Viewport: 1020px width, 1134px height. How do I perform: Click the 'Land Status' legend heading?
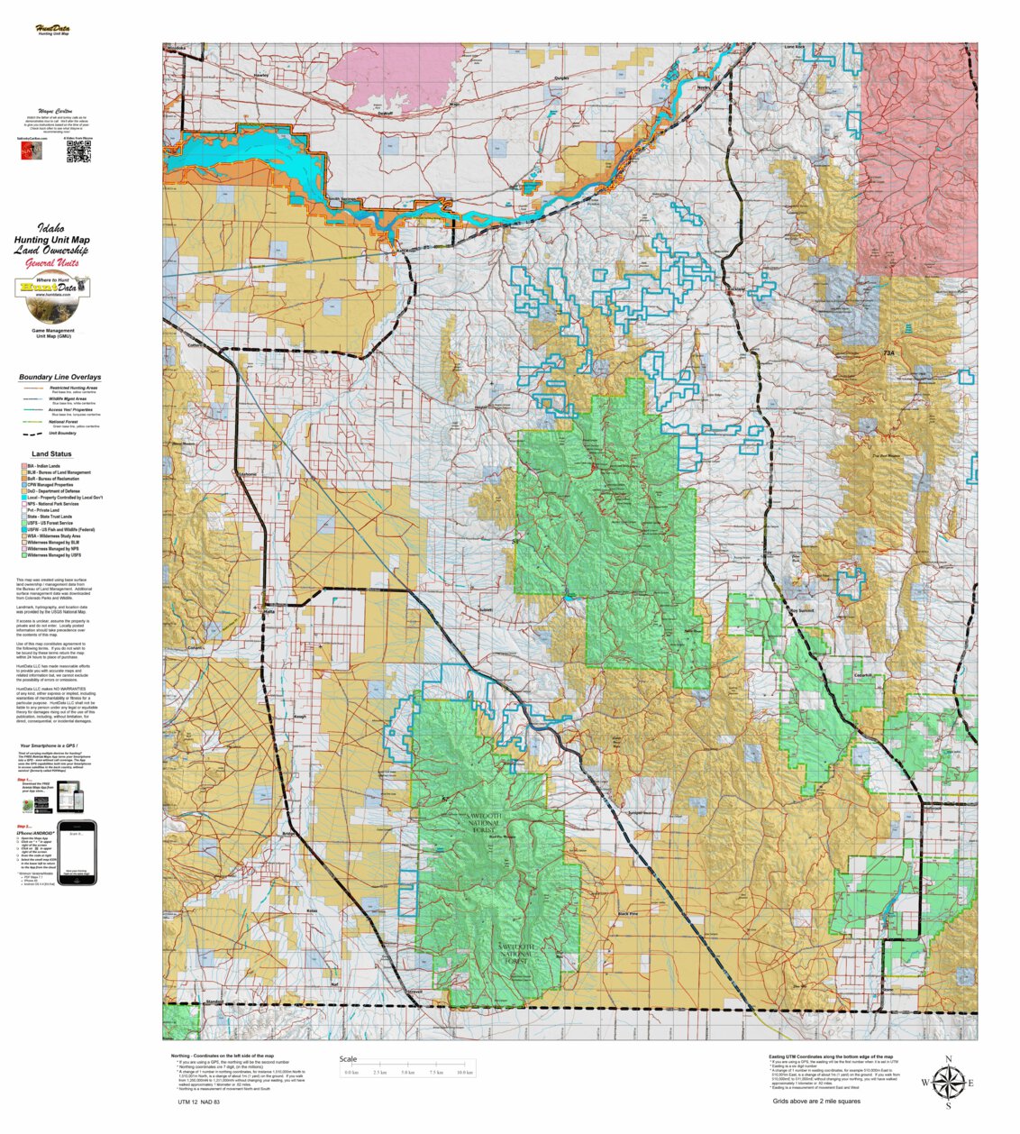coord(51,454)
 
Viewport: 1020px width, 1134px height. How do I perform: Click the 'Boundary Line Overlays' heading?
coord(59,377)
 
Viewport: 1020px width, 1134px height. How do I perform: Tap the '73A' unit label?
coord(889,354)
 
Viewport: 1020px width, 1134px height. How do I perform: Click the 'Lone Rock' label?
coord(794,46)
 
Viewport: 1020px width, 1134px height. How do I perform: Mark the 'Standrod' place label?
coord(214,1001)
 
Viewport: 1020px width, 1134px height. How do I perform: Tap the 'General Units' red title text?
coord(51,263)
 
